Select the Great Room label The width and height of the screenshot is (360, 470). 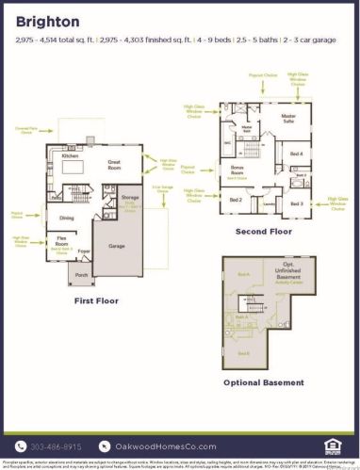pyautogui.click(x=113, y=163)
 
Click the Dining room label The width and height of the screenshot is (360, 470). pyautogui.click(x=67, y=218)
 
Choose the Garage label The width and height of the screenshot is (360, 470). pyautogui.click(x=116, y=245)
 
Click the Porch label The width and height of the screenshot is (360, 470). pyautogui.click(x=81, y=276)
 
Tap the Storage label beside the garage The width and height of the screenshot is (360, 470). pyautogui.click(x=130, y=198)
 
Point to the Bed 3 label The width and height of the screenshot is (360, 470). pyautogui.click(x=296, y=203)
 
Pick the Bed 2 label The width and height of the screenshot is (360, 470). pyautogui.click(x=236, y=200)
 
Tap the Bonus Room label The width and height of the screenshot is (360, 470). pyautogui.click(x=238, y=170)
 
